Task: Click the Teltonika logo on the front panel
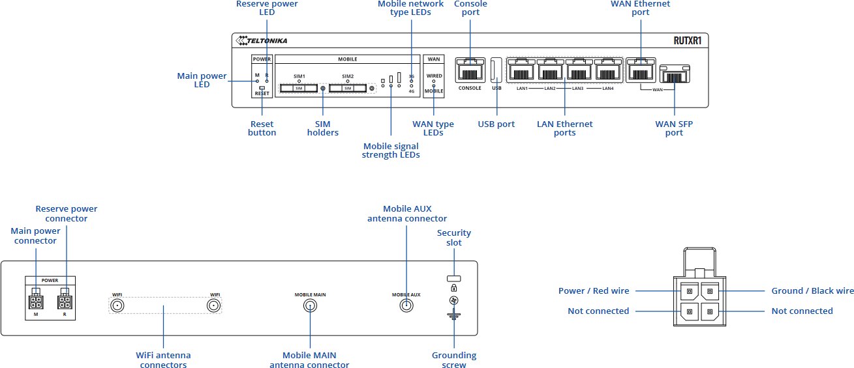262,41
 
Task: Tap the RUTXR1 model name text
688,41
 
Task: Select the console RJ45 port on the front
469,70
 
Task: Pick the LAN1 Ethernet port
522,70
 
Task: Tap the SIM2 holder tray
347,88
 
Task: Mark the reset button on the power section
262,87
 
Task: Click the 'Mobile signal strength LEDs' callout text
390,150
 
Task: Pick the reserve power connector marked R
65,302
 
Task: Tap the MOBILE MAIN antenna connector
309,307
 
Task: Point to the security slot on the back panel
453,278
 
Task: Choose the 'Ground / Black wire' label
812,290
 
